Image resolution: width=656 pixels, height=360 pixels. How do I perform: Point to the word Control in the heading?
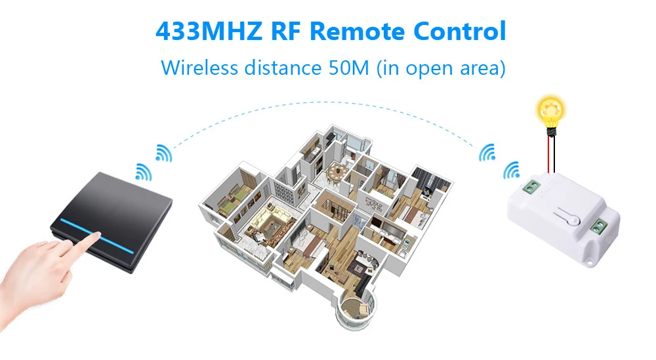coord(462,31)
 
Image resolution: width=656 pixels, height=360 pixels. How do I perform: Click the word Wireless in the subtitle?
coord(199,68)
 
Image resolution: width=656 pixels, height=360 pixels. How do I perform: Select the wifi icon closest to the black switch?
coord(143,172)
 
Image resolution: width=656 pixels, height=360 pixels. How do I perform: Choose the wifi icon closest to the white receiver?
coord(510,172)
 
